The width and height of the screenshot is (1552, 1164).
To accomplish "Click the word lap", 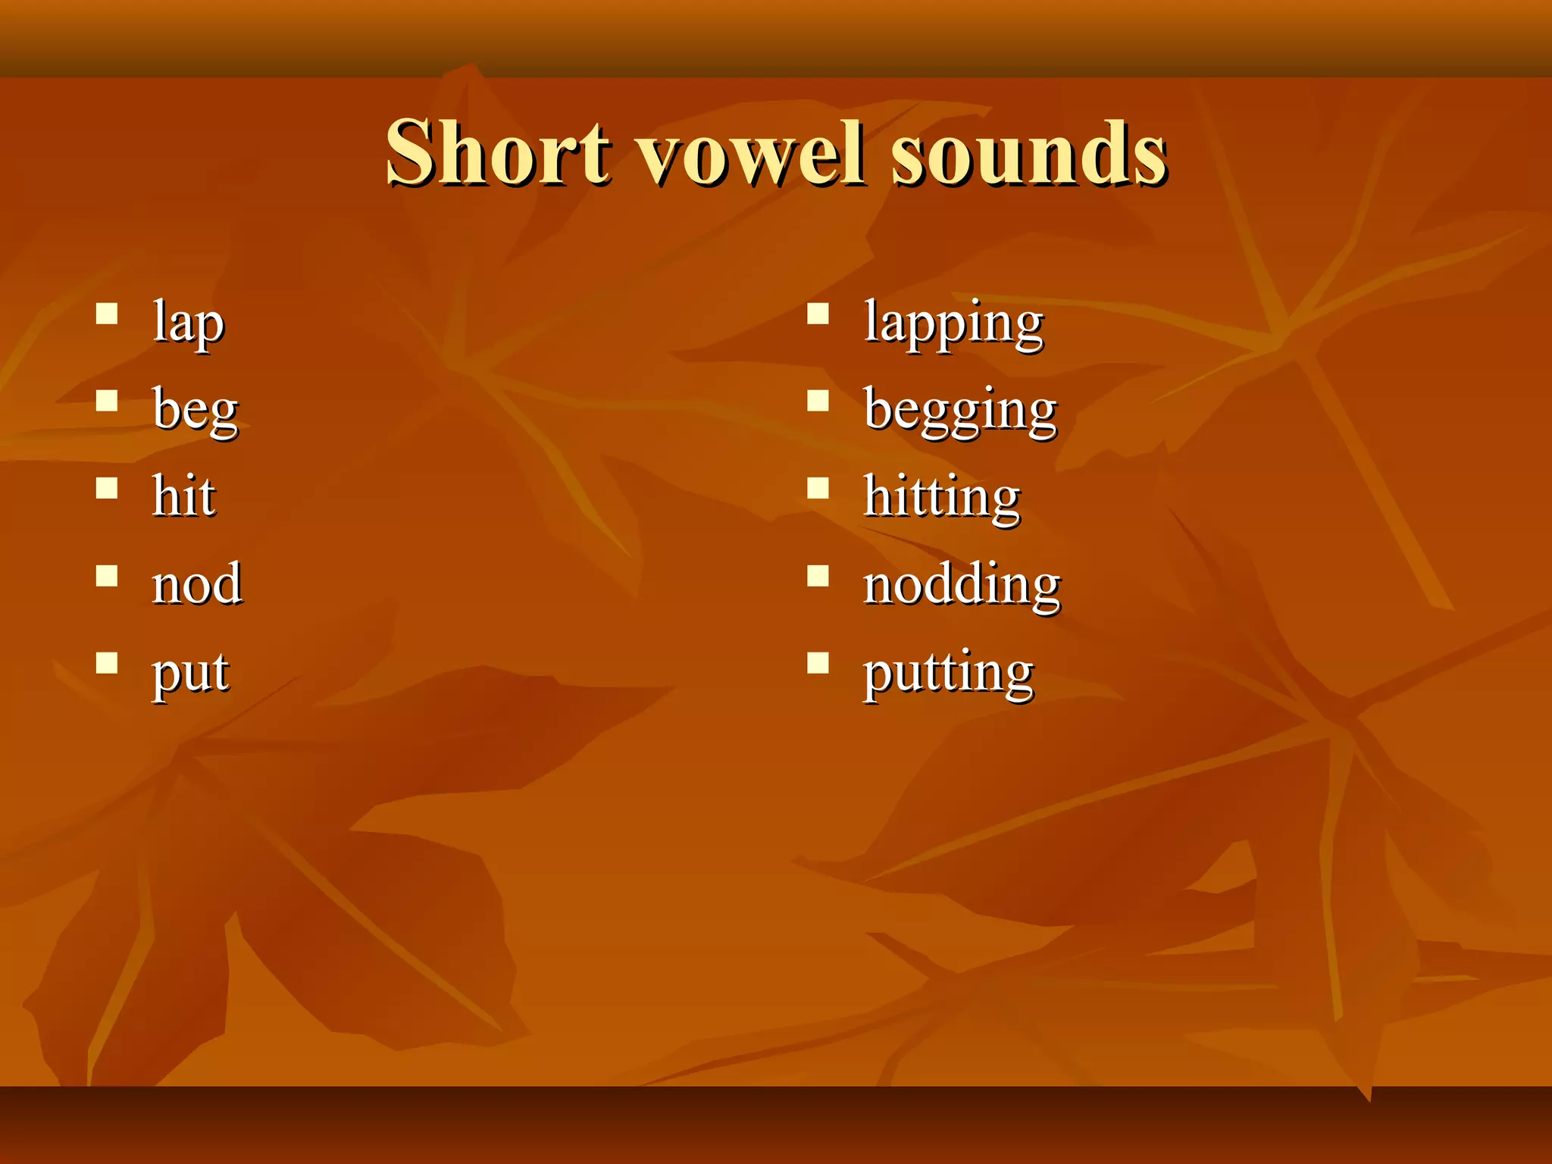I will click(188, 323).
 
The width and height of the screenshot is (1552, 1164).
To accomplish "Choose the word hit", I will click(183, 496).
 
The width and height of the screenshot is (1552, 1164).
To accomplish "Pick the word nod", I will click(197, 584).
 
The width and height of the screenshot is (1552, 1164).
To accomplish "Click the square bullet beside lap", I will click(107, 314).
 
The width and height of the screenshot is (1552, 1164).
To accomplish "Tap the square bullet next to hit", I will click(107, 488).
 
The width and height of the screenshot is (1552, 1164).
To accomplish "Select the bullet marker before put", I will click(107, 663).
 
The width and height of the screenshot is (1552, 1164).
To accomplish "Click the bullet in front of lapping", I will click(818, 314).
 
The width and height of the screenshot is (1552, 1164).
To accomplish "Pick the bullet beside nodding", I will click(818, 576).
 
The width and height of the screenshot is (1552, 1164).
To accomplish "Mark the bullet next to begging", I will click(818, 401).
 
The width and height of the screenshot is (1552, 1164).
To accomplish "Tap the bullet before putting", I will click(818, 663).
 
